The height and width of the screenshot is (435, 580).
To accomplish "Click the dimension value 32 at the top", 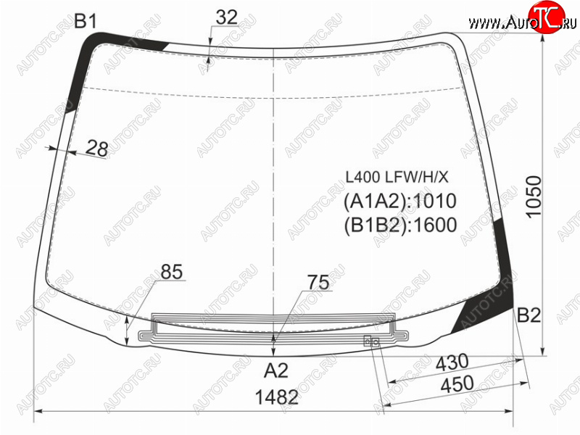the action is [x=226, y=17].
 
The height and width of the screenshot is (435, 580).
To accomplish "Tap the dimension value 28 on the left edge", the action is [x=97, y=149].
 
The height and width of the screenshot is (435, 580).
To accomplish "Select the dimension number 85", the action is [x=172, y=272].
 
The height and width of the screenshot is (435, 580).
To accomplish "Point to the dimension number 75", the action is [x=318, y=283].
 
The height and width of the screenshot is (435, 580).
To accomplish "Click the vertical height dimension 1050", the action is [x=534, y=197].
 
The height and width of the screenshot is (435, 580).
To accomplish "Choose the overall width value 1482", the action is [x=277, y=397].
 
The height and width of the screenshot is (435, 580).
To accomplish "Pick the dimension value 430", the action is [x=452, y=363].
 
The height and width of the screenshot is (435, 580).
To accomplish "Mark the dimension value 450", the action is [x=457, y=384].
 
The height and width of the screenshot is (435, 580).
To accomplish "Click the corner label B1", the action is [x=86, y=21].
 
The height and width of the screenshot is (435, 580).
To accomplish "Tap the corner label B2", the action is [x=529, y=315].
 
